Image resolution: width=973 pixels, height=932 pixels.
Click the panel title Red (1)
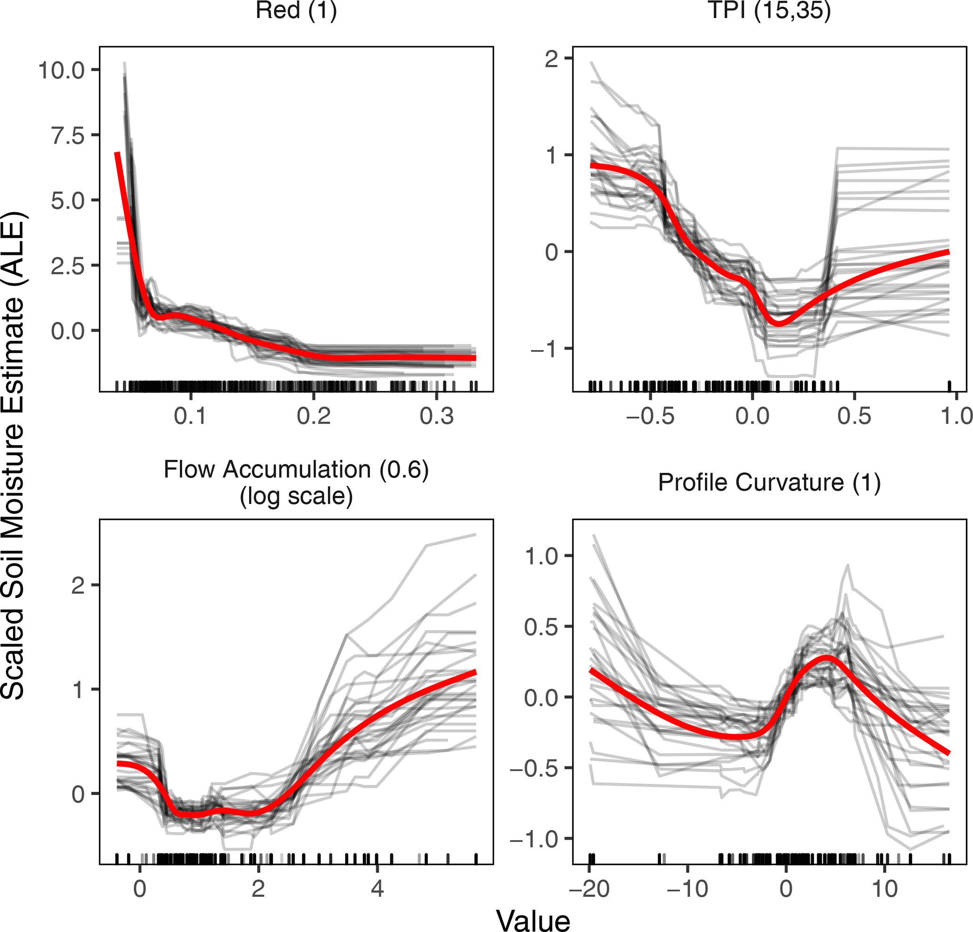[x=296, y=11]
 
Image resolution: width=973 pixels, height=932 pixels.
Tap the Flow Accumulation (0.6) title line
[x=296, y=470]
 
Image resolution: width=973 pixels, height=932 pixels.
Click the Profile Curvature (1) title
[x=769, y=482]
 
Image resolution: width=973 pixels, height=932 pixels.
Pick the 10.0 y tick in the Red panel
[x=62, y=71]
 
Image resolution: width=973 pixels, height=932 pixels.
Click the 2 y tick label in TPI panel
[x=552, y=60]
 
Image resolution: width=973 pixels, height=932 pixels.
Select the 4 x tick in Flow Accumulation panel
[x=377, y=888]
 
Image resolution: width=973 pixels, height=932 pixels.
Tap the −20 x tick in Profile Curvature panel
[x=589, y=888]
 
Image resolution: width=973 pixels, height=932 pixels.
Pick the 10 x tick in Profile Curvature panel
[x=885, y=888]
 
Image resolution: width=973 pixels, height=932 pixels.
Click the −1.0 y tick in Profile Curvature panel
[x=541, y=839]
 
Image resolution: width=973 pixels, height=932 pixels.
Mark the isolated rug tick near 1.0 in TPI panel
[x=949, y=386]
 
